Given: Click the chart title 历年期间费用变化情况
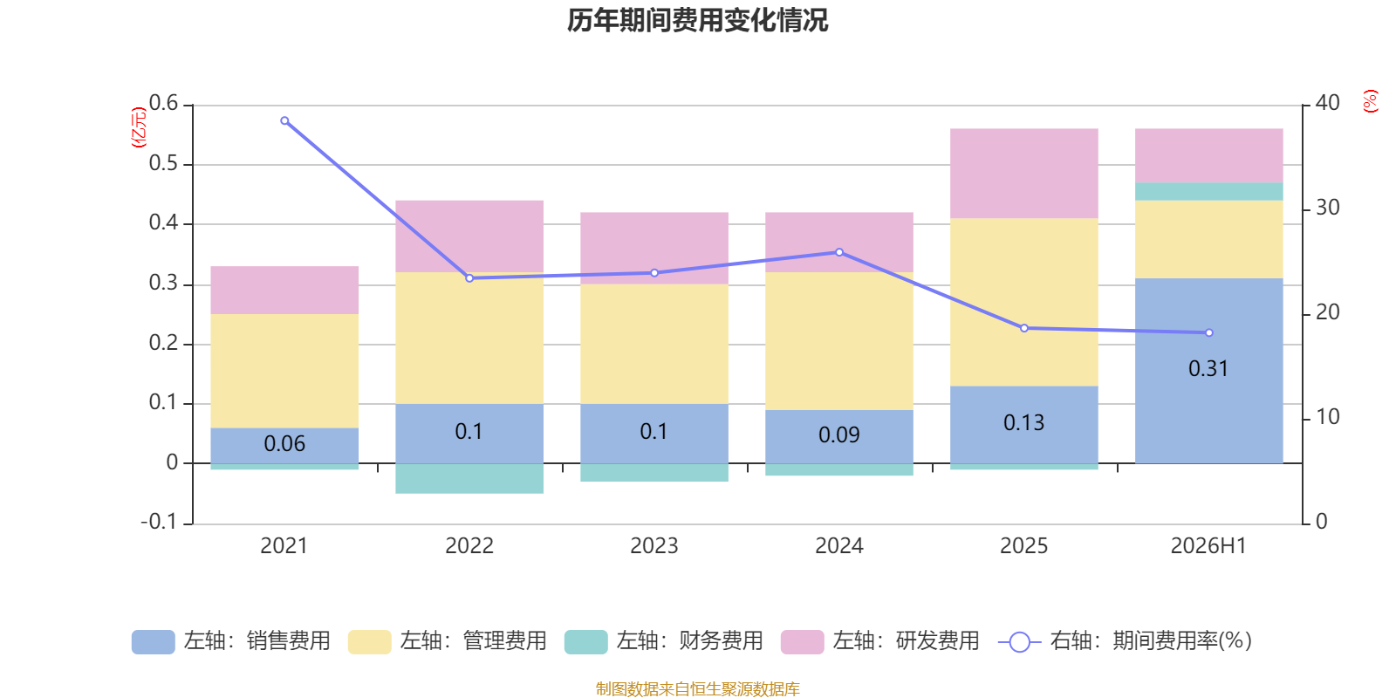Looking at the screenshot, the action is pyautogui.click(x=697, y=21).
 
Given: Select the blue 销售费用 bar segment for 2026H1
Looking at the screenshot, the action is pyautogui.click(x=1209, y=371).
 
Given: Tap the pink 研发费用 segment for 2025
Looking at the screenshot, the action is pyautogui.click(x=1024, y=174).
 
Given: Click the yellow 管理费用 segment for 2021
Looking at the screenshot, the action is pyautogui.click(x=284, y=371).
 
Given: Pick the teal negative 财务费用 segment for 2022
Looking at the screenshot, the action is pyautogui.click(x=469, y=479).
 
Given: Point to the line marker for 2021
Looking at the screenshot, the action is pyautogui.click(x=284, y=121).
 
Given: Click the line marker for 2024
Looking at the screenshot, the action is pyautogui.click(x=839, y=252).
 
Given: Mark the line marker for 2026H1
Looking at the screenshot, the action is pyautogui.click(x=1209, y=332).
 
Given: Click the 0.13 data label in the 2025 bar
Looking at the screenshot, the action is pyautogui.click(x=1024, y=422).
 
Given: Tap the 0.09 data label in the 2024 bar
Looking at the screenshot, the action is pyautogui.click(x=839, y=435).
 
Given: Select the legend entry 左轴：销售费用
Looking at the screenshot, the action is pyautogui.click(x=231, y=641).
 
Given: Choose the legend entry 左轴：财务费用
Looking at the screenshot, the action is pyautogui.click(x=664, y=641).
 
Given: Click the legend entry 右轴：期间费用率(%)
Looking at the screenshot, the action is pyautogui.click(x=1125, y=641).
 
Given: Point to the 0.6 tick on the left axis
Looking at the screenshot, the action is pyautogui.click(x=163, y=103).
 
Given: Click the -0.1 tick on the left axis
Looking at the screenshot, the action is pyautogui.click(x=160, y=522).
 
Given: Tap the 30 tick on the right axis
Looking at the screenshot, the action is pyautogui.click(x=1327, y=208).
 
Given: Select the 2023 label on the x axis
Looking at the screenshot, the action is pyautogui.click(x=654, y=546).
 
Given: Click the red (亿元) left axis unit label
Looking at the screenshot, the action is pyautogui.click(x=139, y=127).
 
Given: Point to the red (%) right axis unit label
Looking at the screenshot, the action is pyautogui.click(x=1370, y=101).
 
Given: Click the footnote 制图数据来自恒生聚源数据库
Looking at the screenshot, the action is pyautogui.click(x=697, y=688).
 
